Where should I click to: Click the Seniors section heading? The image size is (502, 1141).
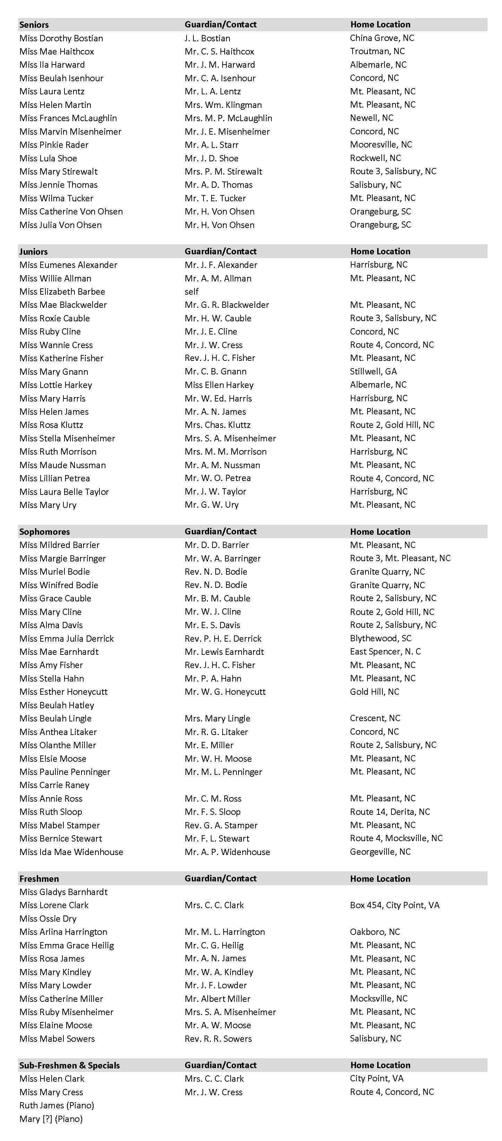pyautogui.click(x=34, y=25)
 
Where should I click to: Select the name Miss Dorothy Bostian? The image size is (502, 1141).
pyautogui.click(x=61, y=38)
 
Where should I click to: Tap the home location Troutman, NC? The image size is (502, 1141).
pyautogui.click(x=377, y=51)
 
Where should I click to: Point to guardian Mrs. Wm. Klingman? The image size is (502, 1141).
pyautogui.click(x=223, y=105)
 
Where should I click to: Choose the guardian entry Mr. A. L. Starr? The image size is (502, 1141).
pyautogui.click(x=211, y=145)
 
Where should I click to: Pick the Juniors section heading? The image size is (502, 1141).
pyautogui.click(x=33, y=252)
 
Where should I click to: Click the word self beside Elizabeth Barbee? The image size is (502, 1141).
pyautogui.click(x=192, y=291)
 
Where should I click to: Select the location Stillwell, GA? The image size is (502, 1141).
pyautogui.click(x=373, y=371)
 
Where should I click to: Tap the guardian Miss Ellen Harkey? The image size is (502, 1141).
pyautogui.click(x=219, y=385)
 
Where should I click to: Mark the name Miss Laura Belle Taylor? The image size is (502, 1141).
pyautogui.click(x=64, y=492)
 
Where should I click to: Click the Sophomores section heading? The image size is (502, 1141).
pyautogui.click(x=44, y=532)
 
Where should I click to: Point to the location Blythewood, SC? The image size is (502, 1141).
pyautogui.click(x=381, y=638)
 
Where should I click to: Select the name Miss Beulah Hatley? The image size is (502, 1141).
pyautogui.click(x=57, y=705)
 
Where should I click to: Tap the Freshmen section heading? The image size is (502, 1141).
pyautogui.click(x=39, y=879)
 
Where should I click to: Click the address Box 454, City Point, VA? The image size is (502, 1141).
pyautogui.click(x=395, y=905)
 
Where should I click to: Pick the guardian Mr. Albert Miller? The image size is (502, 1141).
pyautogui.click(x=217, y=999)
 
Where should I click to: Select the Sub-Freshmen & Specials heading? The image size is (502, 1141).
pyautogui.click(x=69, y=1066)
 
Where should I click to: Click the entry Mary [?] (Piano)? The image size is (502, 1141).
pyautogui.click(x=51, y=1119)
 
